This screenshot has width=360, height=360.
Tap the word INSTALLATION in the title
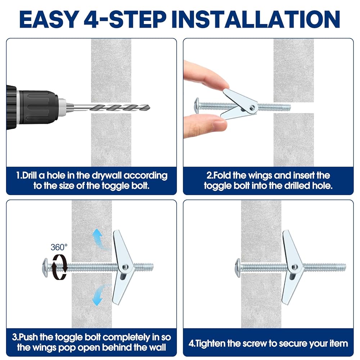(x=256, y=19)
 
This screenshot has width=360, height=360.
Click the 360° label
(x=59, y=247)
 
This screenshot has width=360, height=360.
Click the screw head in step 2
(x=197, y=105)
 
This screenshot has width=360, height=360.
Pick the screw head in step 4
(x=238, y=267)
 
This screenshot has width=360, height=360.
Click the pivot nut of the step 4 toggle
(x=294, y=267)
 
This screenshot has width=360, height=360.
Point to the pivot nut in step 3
(x=125, y=267)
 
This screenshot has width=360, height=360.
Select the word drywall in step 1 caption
(x=107, y=176)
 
